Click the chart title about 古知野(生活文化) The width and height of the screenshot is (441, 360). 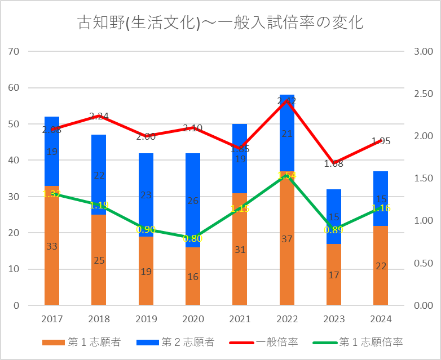(220, 23)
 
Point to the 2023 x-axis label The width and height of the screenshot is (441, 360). (334, 319)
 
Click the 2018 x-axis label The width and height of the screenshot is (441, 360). (99, 319)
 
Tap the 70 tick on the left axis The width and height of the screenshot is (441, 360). (14, 52)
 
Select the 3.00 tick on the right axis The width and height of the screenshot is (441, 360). (422, 52)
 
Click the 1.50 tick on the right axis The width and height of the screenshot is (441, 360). (422, 179)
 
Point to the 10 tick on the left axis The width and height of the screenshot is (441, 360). (14, 269)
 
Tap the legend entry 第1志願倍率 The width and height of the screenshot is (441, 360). (361, 342)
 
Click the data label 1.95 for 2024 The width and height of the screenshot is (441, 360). (381, 141)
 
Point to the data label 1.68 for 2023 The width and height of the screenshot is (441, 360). (334, 164)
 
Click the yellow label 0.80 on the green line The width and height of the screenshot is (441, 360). (193, 238)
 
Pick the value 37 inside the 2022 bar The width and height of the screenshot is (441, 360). (287, 239)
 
